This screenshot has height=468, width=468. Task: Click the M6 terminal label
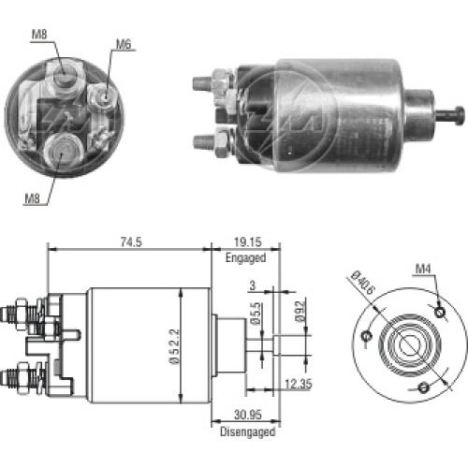tap(124, 44)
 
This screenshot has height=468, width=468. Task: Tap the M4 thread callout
tap(423, 269)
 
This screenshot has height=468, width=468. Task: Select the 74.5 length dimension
tap(131, 241)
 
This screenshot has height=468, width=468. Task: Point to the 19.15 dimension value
tap(248, 241)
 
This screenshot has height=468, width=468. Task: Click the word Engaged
tap(246, 258)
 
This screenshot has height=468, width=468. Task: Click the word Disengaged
tap(248, 431)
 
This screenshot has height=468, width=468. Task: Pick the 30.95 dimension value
tap(248, 415)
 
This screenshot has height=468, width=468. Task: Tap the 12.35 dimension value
tap(299, 384)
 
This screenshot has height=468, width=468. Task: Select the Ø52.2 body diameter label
tap(174, 345)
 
